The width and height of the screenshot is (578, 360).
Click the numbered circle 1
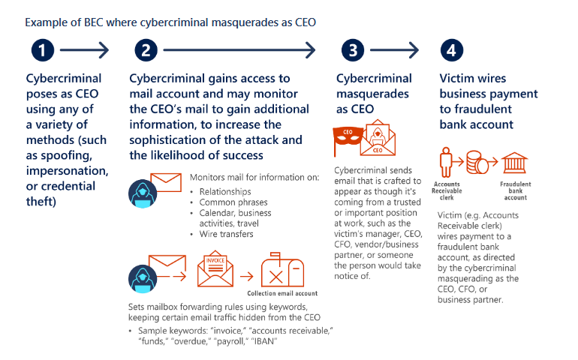click(43, 50)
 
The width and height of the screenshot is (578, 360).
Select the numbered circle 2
click(146, 50)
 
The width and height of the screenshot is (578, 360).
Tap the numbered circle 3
click(353, 50)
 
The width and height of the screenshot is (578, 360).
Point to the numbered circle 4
click(452, 50)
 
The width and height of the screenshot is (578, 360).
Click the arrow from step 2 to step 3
click(239, 50)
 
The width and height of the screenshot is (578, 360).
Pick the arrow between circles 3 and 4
click(394, 50)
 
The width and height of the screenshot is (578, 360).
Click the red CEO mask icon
click(348, 137)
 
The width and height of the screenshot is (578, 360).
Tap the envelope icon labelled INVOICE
click(215, 268)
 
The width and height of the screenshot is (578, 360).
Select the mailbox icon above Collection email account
click(282, 270)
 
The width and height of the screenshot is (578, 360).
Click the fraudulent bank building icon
click(515, 163)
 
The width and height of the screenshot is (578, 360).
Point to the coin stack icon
click(477, 162)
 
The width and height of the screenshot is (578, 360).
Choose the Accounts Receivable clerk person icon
click(446, 162)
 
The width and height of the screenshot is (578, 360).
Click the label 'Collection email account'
click(282, 293)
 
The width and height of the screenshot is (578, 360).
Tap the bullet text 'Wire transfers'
click(227, 234)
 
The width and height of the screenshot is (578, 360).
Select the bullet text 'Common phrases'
click(233, 202)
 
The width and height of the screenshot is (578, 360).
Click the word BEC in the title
click(94, 22)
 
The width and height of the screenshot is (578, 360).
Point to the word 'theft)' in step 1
click(41, 202)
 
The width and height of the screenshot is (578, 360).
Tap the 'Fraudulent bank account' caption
click(516, 190)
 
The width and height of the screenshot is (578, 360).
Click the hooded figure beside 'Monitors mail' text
click(143, 193)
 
